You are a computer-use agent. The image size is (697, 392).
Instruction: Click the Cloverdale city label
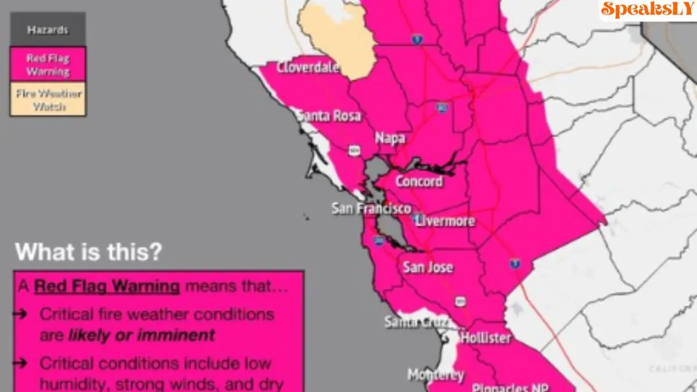(307, 67)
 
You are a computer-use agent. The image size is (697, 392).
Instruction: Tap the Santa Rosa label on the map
(329, 116)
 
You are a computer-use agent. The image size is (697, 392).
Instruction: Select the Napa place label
(389, 138)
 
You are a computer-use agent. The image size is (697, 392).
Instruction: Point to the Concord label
(419, 181)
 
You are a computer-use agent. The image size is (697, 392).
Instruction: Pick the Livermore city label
(445, 221)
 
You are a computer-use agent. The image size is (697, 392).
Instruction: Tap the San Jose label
(427, 267)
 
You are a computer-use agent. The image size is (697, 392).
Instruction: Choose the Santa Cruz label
(416, 321)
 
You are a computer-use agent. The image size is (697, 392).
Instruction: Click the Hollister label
(486, 337)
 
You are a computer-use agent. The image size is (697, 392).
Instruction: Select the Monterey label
(435, 374)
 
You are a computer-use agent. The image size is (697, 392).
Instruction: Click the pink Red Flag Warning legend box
(48, 64)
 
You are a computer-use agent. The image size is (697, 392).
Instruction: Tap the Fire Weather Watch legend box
(48, 99)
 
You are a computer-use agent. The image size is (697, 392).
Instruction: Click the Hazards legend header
(48, 30)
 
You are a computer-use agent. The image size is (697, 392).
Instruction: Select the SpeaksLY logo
(647, 9)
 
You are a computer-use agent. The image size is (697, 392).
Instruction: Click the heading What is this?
(88, 252)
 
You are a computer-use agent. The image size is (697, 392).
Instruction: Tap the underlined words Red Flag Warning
(106, 286)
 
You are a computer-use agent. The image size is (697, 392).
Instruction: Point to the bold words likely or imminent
(141, 335)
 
